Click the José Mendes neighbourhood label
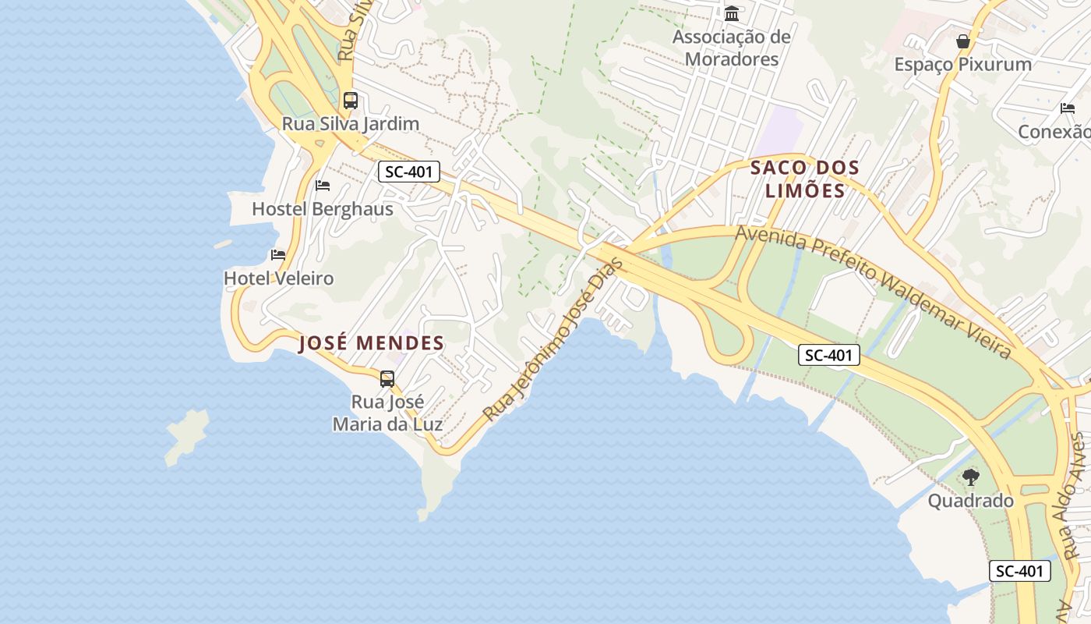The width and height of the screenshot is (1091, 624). pos(372,343)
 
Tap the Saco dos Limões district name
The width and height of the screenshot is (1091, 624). pos(805,179)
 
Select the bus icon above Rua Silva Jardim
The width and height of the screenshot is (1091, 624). pos(351,101)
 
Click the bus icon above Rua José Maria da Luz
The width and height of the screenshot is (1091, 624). pos(387,379)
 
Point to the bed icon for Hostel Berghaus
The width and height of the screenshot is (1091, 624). pos(323,186)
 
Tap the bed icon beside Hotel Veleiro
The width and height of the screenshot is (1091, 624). pos(278,255)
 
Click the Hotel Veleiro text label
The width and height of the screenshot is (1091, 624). pos(278,278)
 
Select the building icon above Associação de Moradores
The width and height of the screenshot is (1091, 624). pos(732,14)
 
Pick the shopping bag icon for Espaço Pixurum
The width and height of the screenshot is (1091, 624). pos(963,41)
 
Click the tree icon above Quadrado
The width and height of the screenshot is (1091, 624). pos(970,477)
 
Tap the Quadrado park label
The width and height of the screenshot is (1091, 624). pos(970,501)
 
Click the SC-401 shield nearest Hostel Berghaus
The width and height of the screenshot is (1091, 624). pos(409,172)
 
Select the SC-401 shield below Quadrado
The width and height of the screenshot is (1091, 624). pos(1020,571)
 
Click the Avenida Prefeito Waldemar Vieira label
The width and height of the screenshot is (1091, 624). pos(874,292)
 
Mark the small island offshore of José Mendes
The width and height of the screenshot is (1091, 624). pos(187,434)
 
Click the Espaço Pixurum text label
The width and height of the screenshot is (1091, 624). pos(963,65)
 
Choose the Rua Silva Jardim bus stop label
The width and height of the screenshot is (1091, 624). pos(351,124)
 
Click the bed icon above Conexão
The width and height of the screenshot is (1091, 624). pos(1068,108)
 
